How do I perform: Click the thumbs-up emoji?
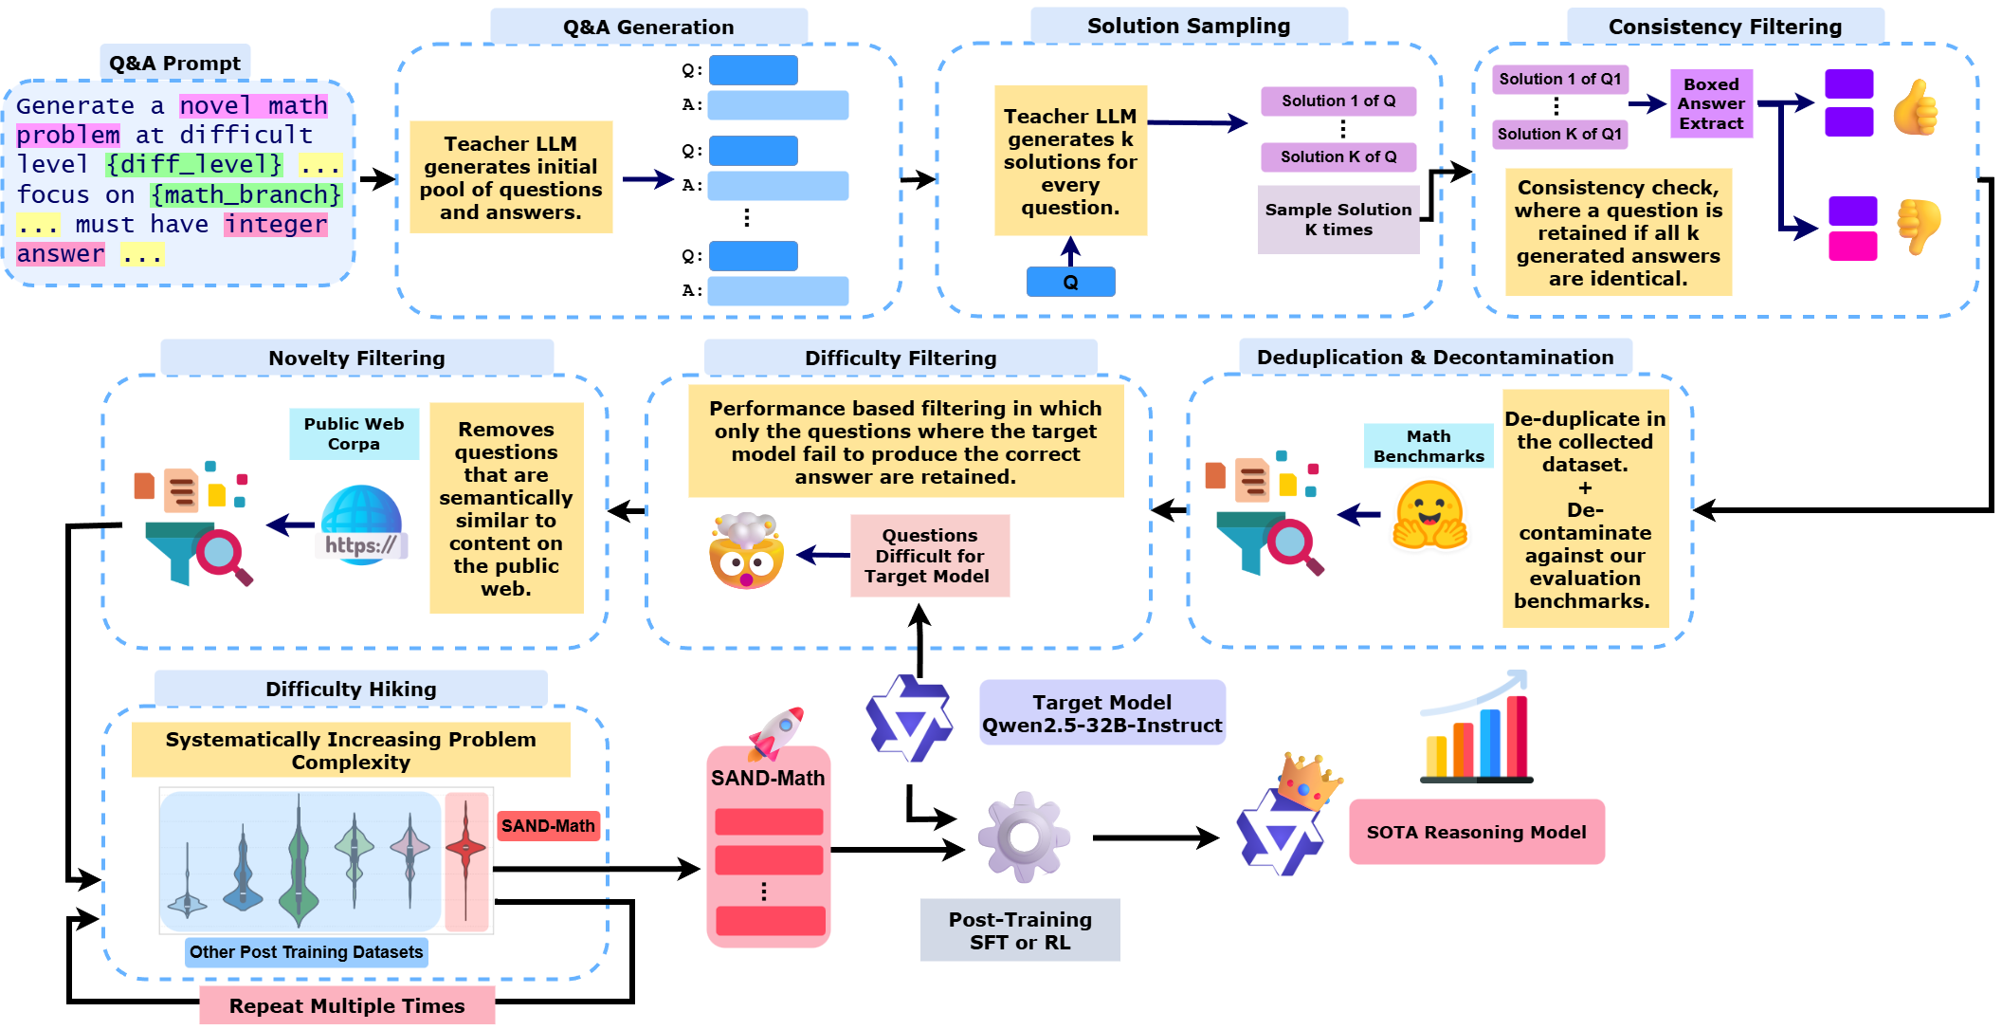1915,107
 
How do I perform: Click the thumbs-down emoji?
1918,226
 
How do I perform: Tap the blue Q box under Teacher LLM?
1070,282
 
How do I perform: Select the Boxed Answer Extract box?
1710,103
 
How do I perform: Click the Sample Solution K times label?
1338,220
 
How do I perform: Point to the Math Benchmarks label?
1428,446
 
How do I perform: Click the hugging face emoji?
1429,515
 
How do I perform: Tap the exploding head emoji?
746,553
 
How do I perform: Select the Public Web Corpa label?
354,433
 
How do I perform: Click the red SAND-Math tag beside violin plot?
548,825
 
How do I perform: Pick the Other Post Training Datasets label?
306,951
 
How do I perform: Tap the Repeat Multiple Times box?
347,1005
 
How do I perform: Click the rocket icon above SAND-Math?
777,732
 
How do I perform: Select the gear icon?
1024,837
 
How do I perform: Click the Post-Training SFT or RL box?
1020,930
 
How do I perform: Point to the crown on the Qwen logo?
1307,780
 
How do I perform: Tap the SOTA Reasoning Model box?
1476,832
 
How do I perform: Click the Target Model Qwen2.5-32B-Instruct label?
1101,713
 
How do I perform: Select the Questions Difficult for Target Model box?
929,556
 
